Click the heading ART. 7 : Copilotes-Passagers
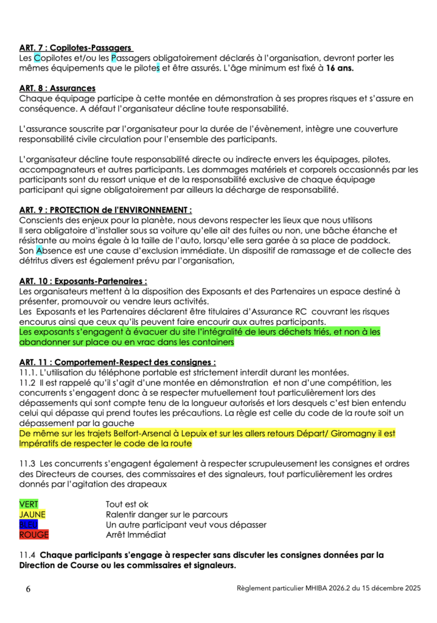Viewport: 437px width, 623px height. [x=76, y=47]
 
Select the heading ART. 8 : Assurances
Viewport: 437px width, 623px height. [x=57, y=88]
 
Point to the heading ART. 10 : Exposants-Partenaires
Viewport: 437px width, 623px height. [x=83, y=281]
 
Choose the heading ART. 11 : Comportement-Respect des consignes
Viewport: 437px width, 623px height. [x=117, y=363]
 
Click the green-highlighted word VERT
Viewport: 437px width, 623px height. [x=29, y=504]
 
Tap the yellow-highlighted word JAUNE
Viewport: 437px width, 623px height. [x=32, y=515]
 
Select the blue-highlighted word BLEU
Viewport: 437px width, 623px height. [x=29, y=524]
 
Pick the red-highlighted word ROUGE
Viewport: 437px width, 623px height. [x=34, y=535]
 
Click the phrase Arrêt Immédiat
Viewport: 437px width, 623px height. [x=136, y=535]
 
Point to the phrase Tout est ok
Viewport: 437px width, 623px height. [x=127, y=504]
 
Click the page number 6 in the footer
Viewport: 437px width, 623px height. [x=28, y=589]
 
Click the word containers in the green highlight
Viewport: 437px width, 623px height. [x=211, y=343]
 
